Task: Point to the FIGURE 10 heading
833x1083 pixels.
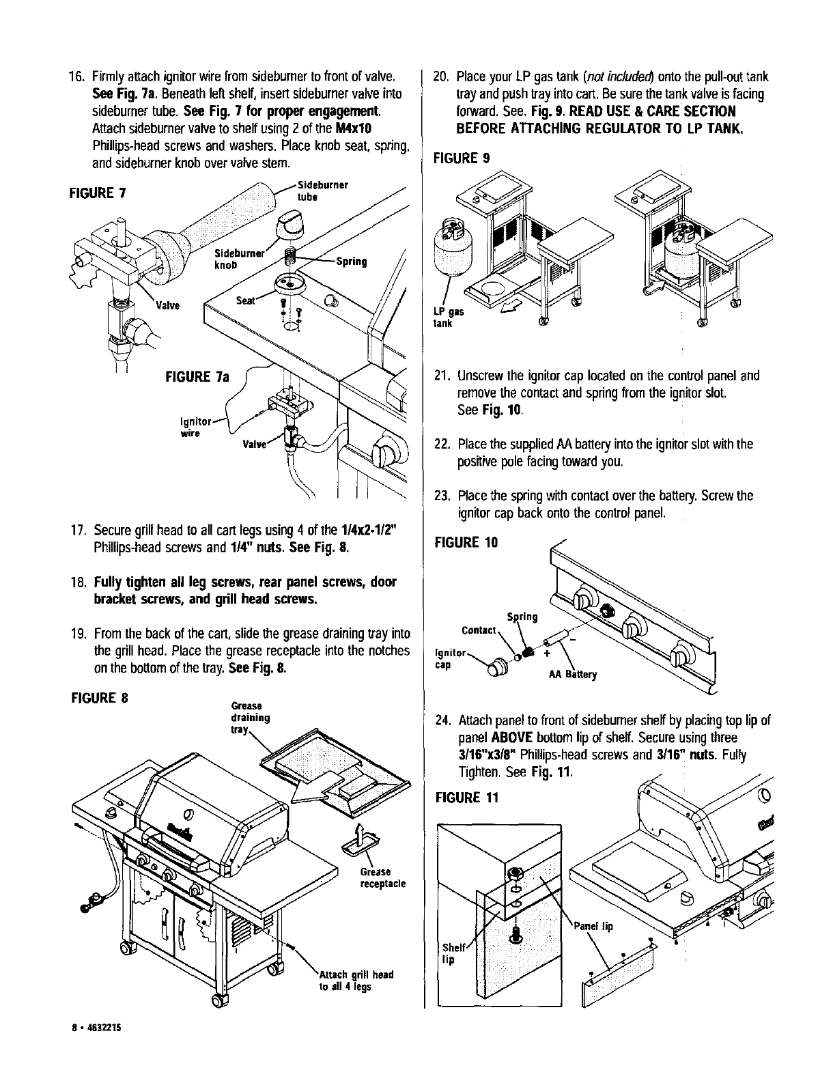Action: [x=466, y=543]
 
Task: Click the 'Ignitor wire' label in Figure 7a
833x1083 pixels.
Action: [x=189, y=426]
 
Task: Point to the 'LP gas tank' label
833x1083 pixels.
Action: [x=444, y=318]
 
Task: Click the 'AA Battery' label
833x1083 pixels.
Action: [x=573, y=675]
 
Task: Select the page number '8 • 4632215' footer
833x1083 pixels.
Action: [x=94, y=1065]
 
